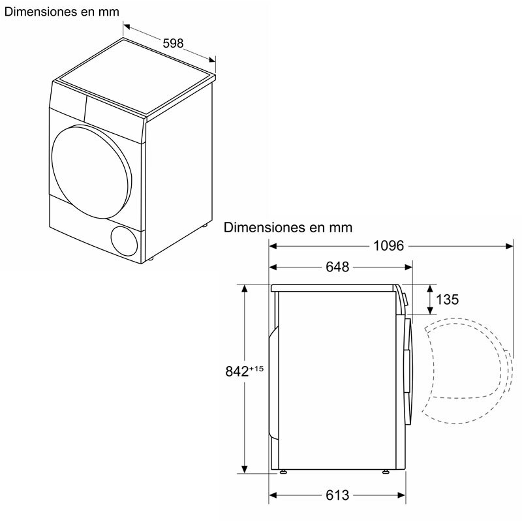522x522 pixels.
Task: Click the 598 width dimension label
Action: (x=173, y=43)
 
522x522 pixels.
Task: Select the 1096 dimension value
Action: (x=389, y=246)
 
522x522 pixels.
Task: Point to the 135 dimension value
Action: (x=447, y=299)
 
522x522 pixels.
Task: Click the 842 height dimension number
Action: (x=238, y=371)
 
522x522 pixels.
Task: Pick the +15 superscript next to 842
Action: (x=256, y=369)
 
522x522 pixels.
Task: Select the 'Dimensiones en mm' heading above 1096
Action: (x=288, y=228)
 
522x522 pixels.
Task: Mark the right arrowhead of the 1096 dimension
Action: (x=509, y=246)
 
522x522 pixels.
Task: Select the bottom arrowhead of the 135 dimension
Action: (x=430, y=311)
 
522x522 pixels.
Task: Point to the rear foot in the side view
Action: (x=283, y=471)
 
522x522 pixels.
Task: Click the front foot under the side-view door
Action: (x=386, y=471)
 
